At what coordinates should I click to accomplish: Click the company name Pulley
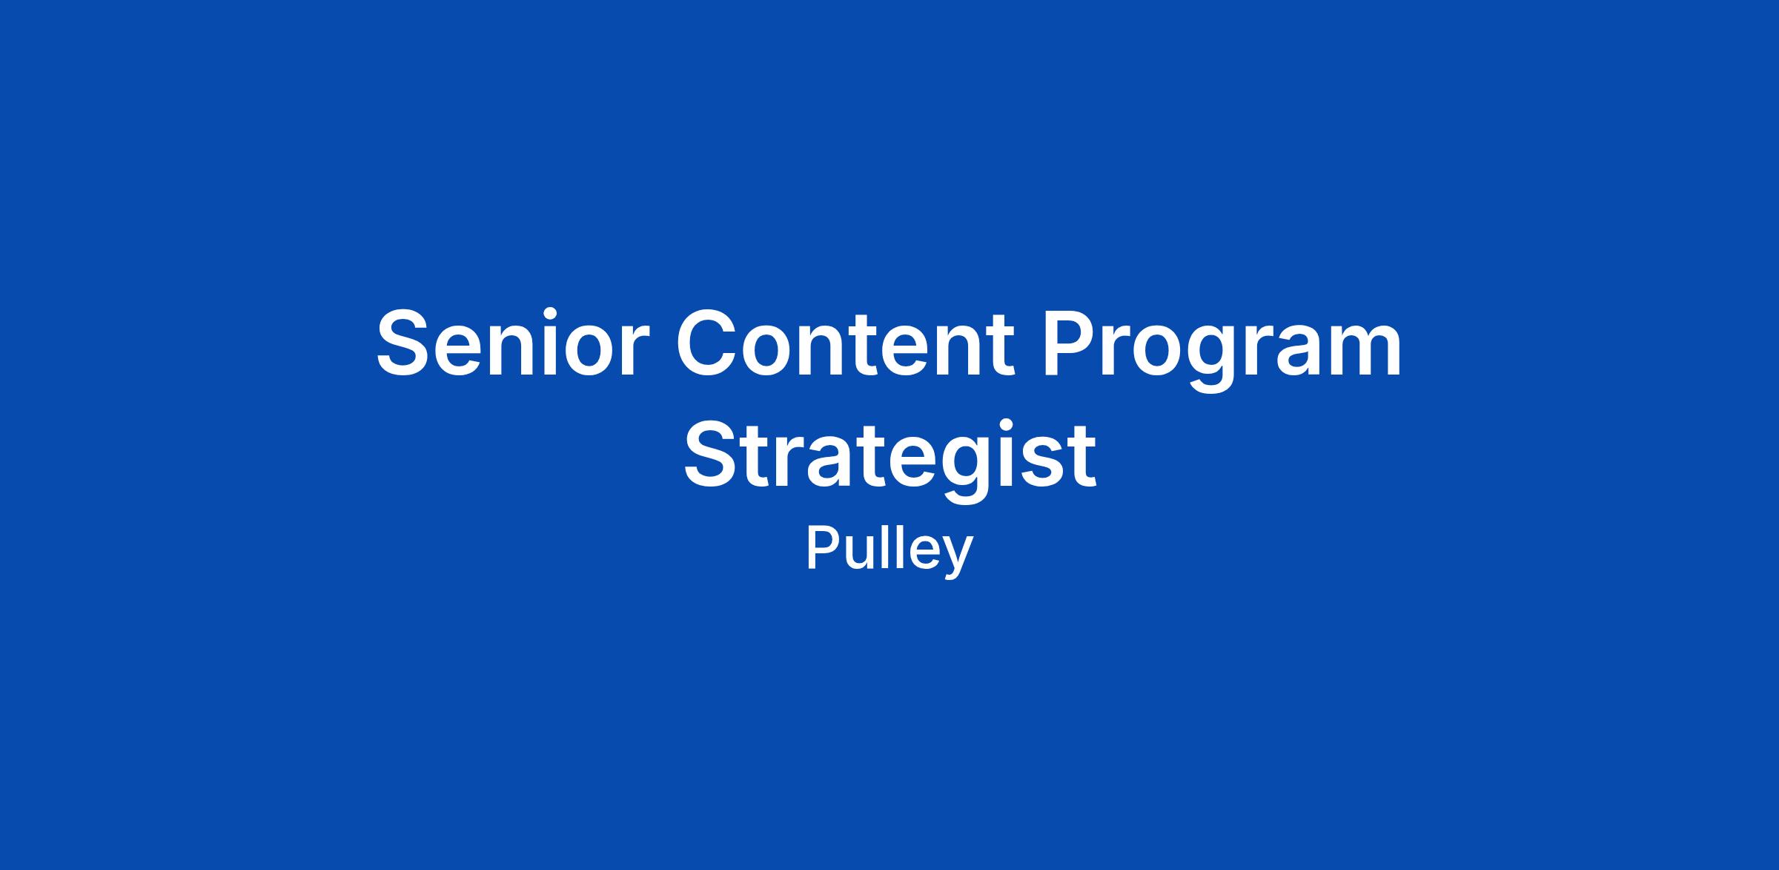889,550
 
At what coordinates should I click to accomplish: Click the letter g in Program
1210,360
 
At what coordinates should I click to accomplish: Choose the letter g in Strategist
962,470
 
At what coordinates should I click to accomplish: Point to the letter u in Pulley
861,555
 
